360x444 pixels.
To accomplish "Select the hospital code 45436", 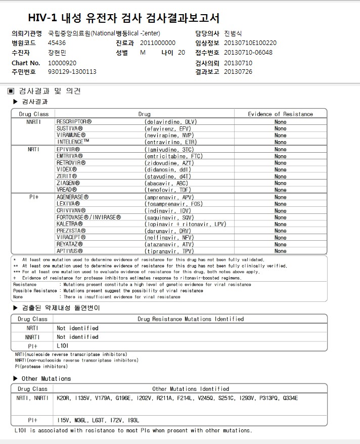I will (x=57, y=43).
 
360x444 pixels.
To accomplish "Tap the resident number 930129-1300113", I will (x=72, y=72).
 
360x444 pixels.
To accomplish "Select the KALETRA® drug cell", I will (x=70, y=224).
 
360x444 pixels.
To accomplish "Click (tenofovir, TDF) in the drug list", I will (x=168, y=190).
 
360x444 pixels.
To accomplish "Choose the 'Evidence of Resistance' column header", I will (x=280, y=114).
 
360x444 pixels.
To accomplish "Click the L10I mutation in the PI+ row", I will (x=63, y=346).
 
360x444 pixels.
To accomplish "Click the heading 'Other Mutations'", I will (x=46, y=379).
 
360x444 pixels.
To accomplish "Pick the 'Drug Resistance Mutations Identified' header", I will (x=191, y=319).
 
